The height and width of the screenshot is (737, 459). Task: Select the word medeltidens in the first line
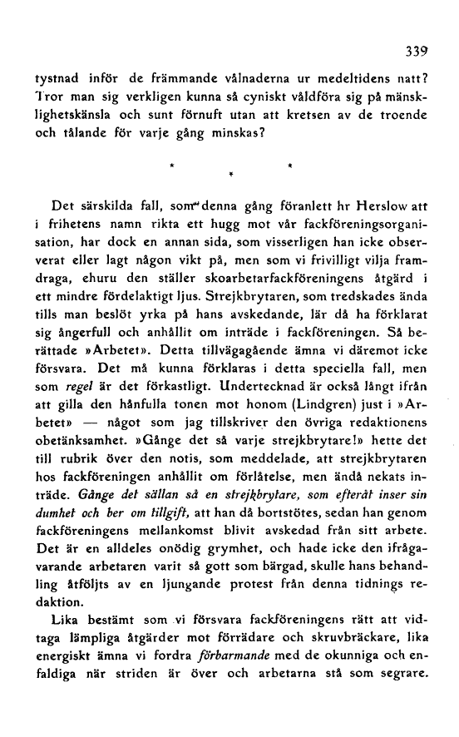tap(340, 80)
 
